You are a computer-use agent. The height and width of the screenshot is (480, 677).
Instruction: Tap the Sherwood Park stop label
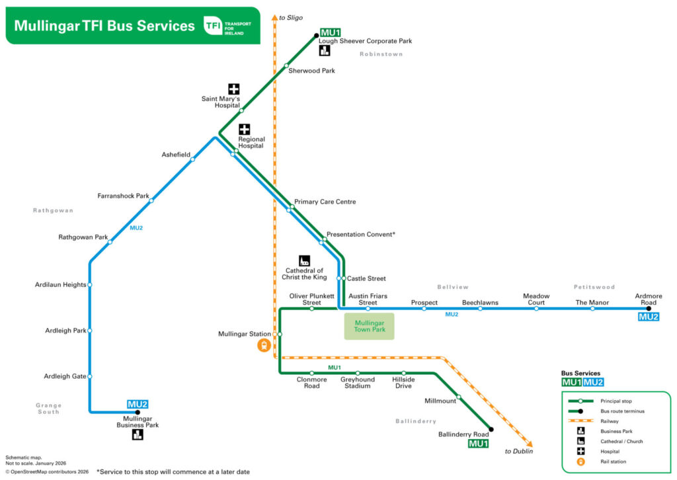[x=311, y=71]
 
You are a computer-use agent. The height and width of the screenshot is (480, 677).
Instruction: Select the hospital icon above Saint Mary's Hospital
[x=234, y=89]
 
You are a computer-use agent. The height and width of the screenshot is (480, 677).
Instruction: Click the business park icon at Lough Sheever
[x=325, y=52]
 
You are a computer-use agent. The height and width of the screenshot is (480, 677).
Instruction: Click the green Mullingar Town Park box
[x=369, y=326]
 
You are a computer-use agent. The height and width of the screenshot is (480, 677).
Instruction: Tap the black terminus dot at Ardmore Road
[x=649, y=309]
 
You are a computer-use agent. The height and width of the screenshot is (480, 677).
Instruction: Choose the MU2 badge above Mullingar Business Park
[x=138, y=404]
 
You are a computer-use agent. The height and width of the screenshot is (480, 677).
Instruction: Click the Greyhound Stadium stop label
[x=358, y=383]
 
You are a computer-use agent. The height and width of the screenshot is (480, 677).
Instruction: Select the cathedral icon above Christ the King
[x=305, y=260]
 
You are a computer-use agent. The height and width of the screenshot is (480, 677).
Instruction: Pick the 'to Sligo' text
[x=291, y=17]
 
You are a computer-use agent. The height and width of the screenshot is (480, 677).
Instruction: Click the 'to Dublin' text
[x=518, y=452]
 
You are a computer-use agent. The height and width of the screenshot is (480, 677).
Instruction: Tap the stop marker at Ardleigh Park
[x=90, y=331]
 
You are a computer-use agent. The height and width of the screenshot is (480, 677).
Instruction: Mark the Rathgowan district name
[x=54, y=210]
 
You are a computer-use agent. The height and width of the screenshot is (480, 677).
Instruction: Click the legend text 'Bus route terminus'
[x=622, y=411]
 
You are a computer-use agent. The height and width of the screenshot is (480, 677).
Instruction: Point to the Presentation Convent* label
[x=361, y=235]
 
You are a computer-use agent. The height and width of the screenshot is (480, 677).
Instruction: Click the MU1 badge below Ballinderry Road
[x=478, y=444]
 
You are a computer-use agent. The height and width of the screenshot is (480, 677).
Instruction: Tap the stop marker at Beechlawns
[x=480, y=309]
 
